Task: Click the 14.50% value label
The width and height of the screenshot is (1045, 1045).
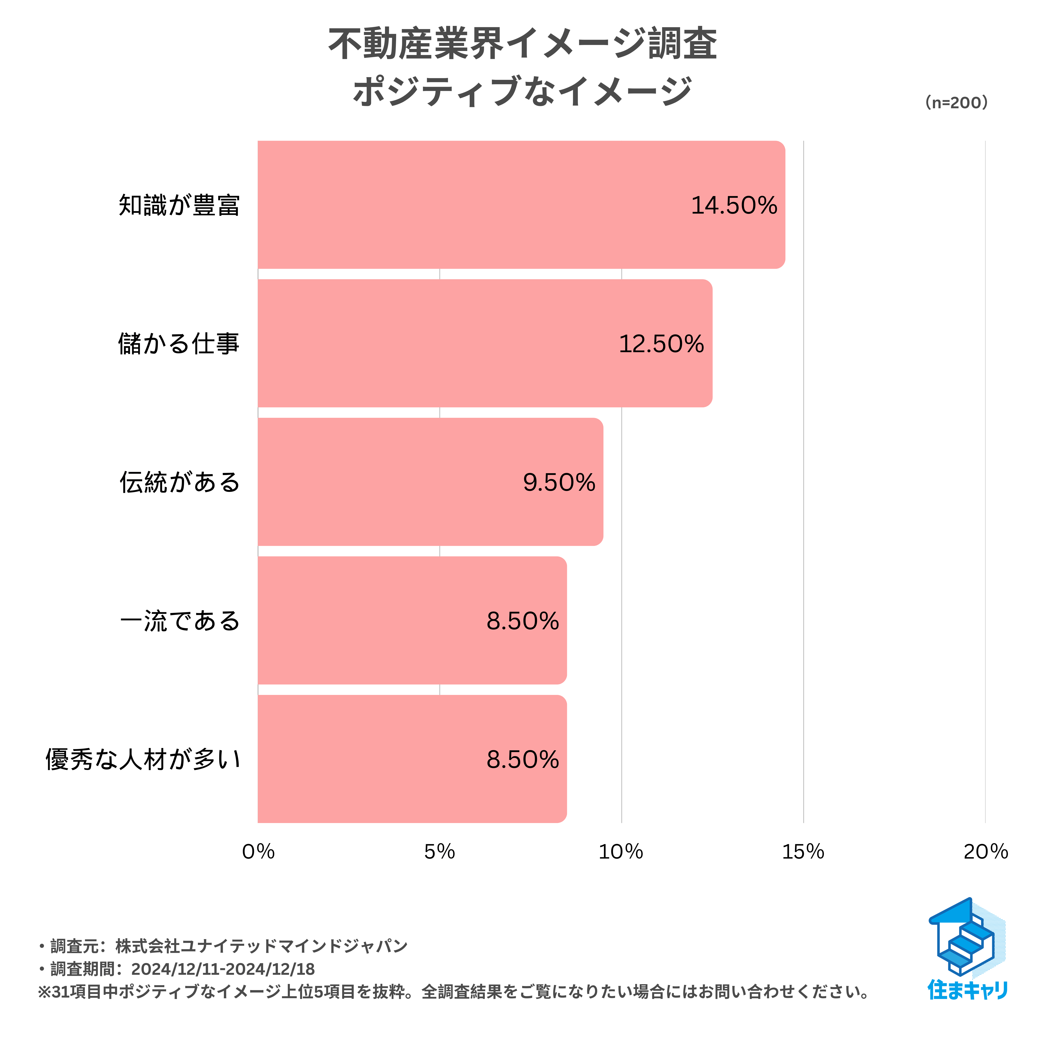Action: pos(734,205)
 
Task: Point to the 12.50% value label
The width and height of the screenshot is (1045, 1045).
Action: pos(661,344)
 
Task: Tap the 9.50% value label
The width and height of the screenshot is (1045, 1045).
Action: pos(559,482)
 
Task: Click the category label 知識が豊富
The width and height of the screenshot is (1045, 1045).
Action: pos(179,205)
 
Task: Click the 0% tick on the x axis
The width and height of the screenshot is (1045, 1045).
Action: pos(258,852)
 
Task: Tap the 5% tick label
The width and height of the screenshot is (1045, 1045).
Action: pos(439,852)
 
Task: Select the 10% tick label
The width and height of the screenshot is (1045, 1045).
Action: pos(621,852)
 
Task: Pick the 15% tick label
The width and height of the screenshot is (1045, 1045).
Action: pos(803,852)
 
